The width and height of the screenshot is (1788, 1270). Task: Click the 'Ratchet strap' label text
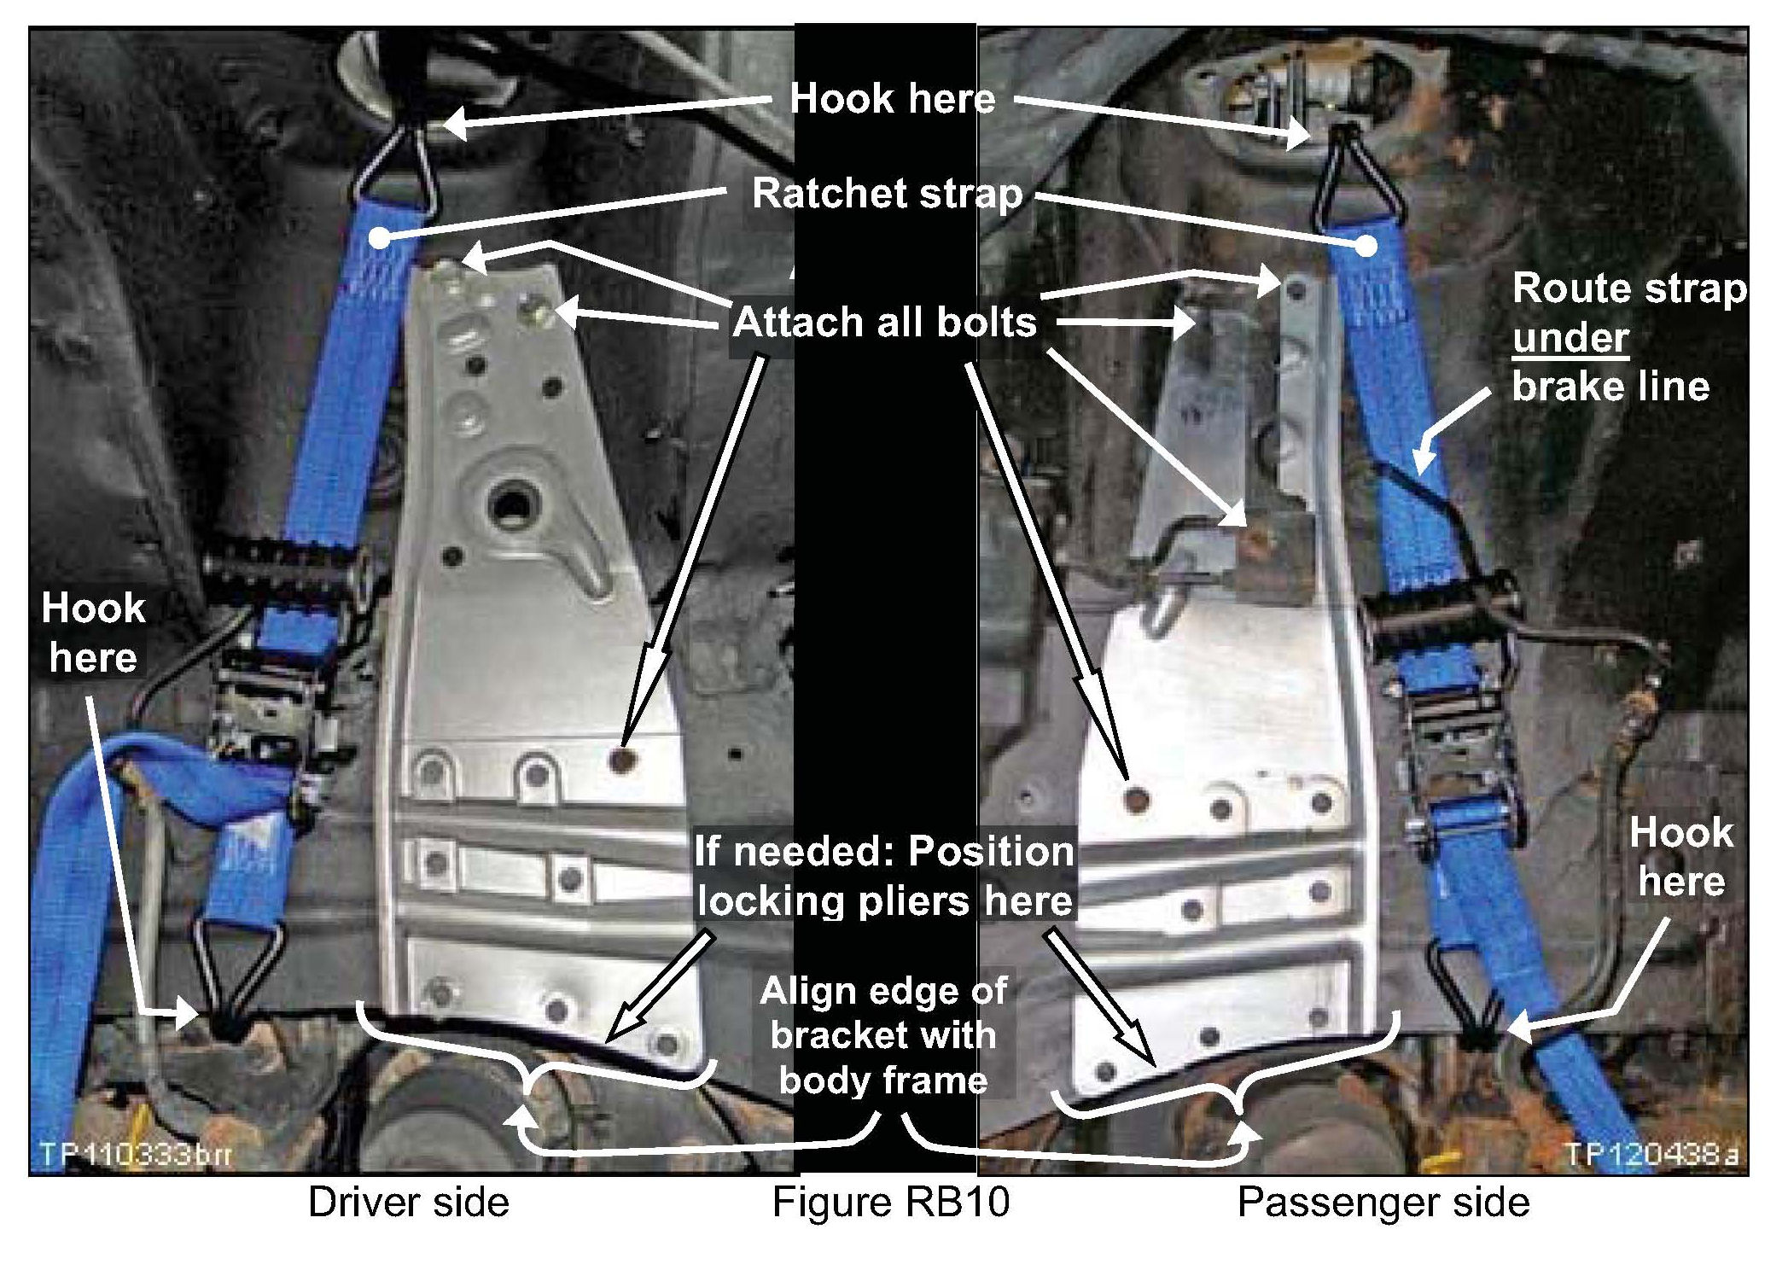click(x=887, y=194)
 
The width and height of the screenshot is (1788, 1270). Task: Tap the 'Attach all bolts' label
click(x=885, y=323)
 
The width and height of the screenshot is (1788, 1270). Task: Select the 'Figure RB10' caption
click(x=891, y=1203)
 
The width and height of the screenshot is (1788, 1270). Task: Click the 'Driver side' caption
click(x=409, y=1203)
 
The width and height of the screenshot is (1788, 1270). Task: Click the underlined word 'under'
click(x=1570, y=338)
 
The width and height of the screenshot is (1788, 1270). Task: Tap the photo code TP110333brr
click(x=136, y=1155)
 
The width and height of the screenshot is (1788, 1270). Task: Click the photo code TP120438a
click(x=1651, y=1154)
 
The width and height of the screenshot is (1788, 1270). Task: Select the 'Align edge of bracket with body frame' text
click(x=884, y=1035)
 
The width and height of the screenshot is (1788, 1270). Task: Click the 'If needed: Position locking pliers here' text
click(x=884, y=876)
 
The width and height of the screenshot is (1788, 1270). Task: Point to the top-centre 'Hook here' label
click(x=893, y=99)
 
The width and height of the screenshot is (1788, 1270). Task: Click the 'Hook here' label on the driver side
click(x=93, y=633)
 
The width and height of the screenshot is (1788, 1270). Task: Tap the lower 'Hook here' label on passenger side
click(x=1681, y=857)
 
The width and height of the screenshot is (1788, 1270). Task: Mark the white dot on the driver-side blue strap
click(x=380, y=238)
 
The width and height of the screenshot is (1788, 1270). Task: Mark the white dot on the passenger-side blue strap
click(x=1366, y=247)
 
